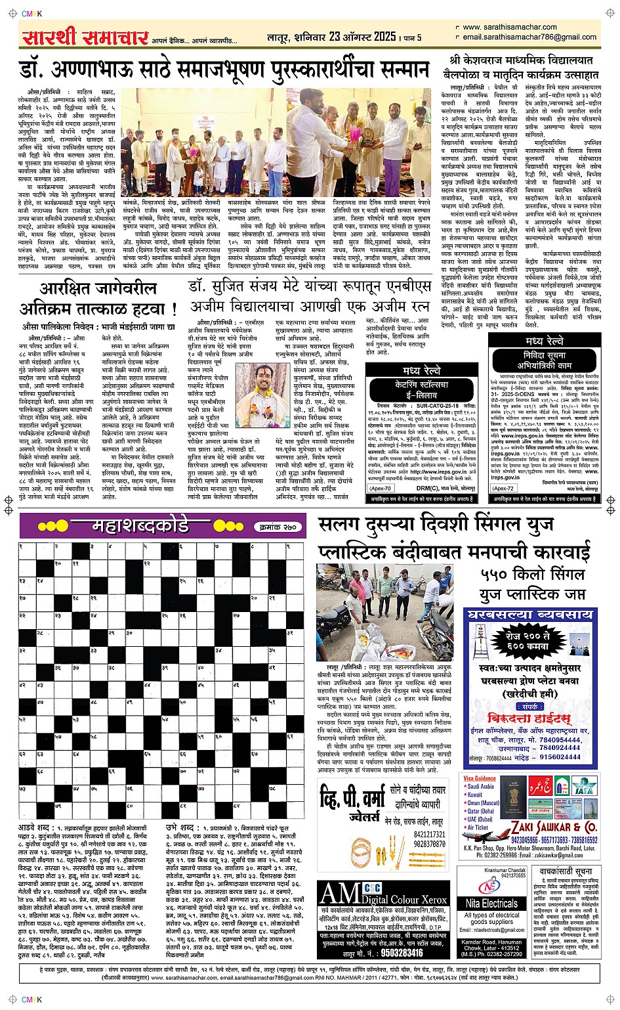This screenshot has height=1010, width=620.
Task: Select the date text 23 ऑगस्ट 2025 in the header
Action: [363, 37]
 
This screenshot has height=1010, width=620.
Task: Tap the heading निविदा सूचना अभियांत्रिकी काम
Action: [544, 361]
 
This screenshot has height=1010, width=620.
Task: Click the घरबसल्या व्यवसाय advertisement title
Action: [530, 615]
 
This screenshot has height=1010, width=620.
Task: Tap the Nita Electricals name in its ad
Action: [491, 904]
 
